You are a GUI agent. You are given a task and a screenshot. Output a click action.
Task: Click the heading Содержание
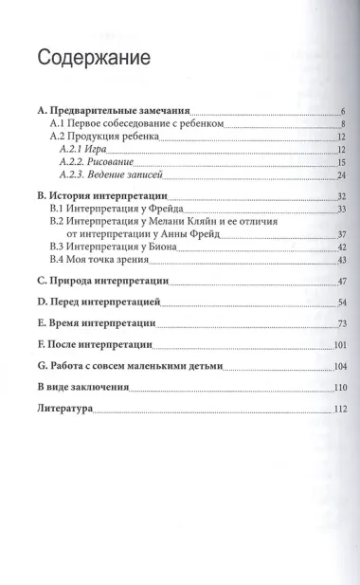coord(94,58)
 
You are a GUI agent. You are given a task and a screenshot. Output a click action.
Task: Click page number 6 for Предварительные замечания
coord(344,112)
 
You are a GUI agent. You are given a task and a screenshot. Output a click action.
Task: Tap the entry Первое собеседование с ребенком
coord(130,124)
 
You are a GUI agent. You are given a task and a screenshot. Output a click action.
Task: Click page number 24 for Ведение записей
coord(341,175)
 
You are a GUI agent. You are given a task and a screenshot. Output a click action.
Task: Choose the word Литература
coord(63,409)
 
